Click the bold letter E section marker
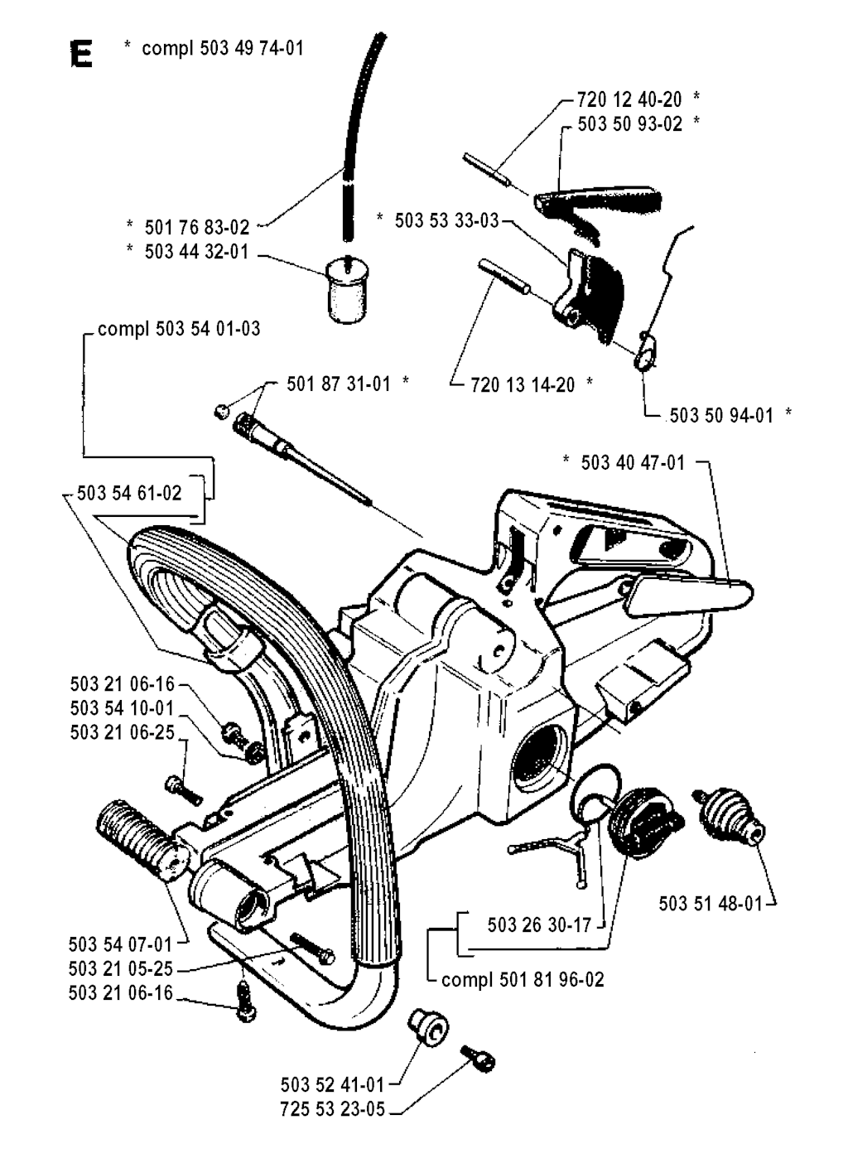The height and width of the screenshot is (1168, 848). (x=82, y=55)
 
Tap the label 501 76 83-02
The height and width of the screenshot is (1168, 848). (x=196, y=227)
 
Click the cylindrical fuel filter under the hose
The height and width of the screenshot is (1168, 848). (x=347, y=290)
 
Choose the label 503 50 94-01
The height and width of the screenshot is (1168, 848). (x=720, y=414)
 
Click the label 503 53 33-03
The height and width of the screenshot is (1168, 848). (x=447, y=220)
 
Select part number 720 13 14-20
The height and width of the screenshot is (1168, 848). (x=522, y=384)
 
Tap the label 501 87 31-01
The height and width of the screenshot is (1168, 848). (x=339, y=384)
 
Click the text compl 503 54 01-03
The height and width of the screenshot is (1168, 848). (x=179, y=329)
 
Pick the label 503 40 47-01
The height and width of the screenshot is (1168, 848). (x=634, y=462)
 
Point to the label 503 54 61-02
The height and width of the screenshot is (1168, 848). (x=128, y=493)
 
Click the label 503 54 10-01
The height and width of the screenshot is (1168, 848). (x=123, y=707)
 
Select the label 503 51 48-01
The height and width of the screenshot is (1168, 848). (x=711, y=902)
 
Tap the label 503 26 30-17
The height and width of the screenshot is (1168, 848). (x=540, y=924)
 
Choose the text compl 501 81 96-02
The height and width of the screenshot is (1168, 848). (x=523, y=979)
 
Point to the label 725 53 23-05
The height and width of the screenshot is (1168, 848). (x=333, y=1108)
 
